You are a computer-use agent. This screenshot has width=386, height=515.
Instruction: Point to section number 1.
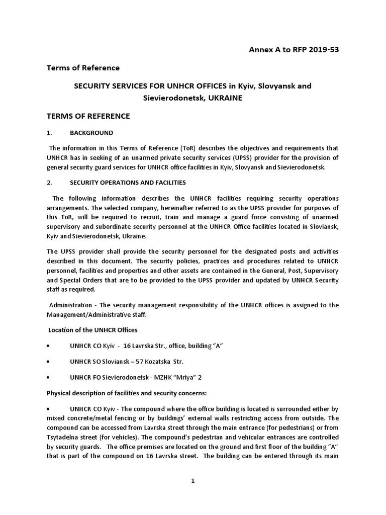point(49,133)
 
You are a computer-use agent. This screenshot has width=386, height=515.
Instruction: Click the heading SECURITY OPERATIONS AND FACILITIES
point(127,182)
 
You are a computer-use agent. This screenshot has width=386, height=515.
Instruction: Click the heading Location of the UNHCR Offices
point(92,330)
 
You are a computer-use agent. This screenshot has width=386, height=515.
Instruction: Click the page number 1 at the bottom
point(192,481)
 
